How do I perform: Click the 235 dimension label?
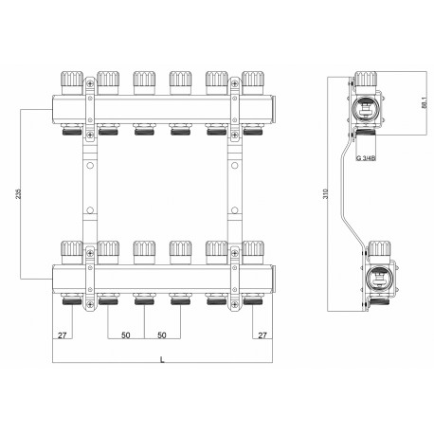pyautogui.click(x=18, y=194)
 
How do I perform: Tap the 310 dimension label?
pyautogui.click(x=326, y=193)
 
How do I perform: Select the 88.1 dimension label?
pyautogui.click(x=424, y=102)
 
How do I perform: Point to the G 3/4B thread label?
pyautogui.click(x=366, y=158)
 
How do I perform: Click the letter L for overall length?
pyautogui.click(x=162, y=359)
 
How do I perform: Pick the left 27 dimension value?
pyautogui.click(x=63, y=335)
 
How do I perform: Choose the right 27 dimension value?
pyautogui.click(x=262, y=335)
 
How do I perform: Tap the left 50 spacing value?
pyautogui.click(x=126, y=335)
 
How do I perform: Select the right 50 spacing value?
pyautogui.click(x=162, y=335)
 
